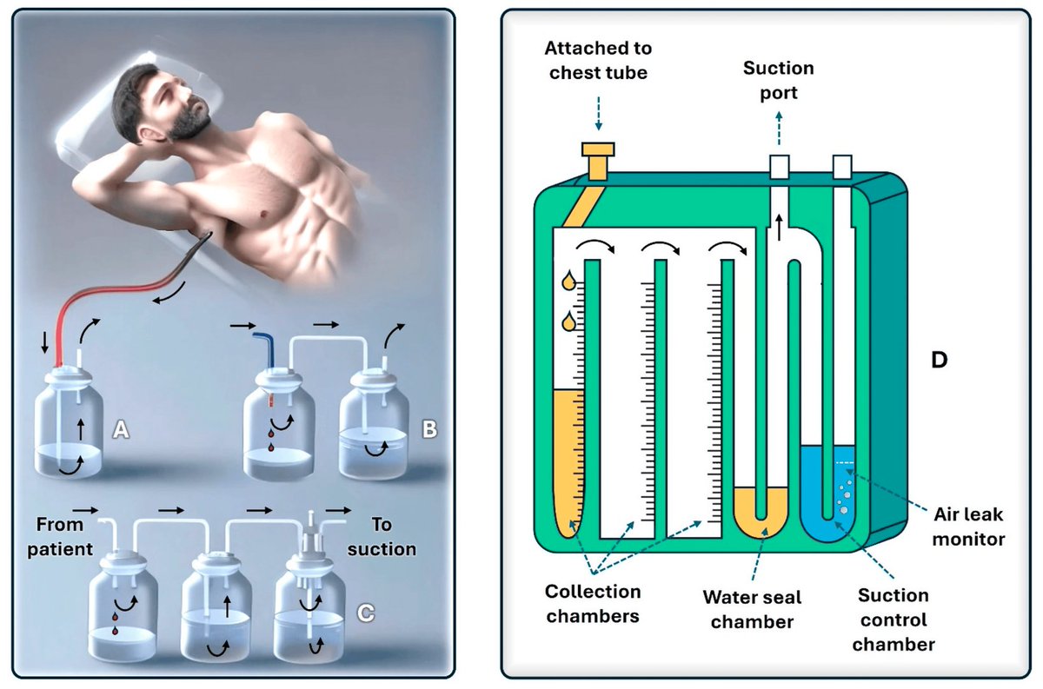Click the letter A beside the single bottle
[x=121, y=429]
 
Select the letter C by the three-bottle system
[x=366, y=613]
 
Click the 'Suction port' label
[x=779, y=78]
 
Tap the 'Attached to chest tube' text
[x=600, y=59]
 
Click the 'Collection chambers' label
[x=593, y=603]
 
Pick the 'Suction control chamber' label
[x=892, y=619]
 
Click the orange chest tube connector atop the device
[x=599, y=160]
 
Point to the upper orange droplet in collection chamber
[x=568, y=282]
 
